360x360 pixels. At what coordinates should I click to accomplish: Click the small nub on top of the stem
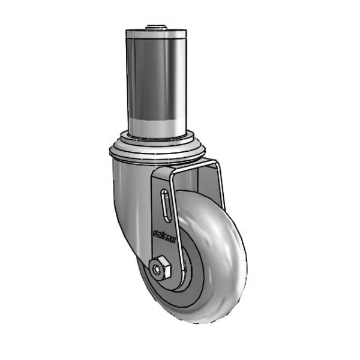coord(155,26)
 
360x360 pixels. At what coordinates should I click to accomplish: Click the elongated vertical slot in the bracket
coord(165,208)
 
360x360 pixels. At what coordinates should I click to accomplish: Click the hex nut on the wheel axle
coord(160,268)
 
